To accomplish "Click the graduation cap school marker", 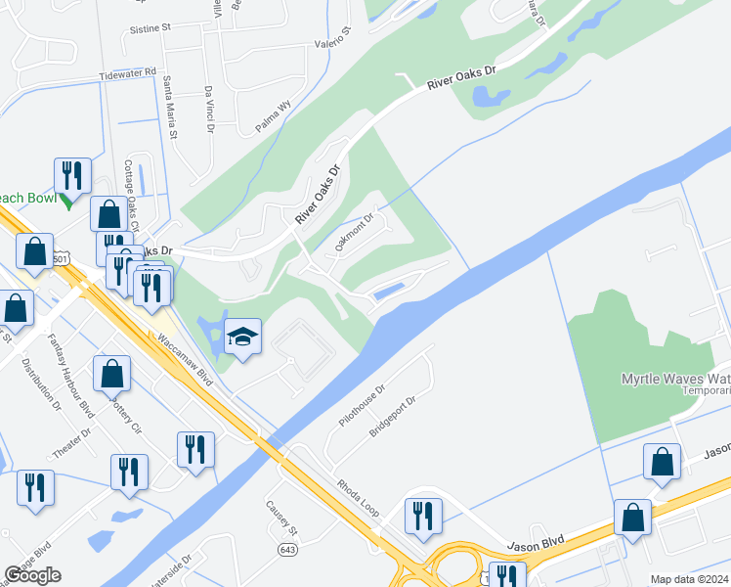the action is point(242,337).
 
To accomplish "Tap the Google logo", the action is point(32,575).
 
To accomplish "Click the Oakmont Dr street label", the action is point(355,234).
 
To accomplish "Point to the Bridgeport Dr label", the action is point(393,416).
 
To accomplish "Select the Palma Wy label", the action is point(274,118).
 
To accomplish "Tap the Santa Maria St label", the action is point(169,107).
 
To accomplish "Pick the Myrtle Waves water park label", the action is point(675,379).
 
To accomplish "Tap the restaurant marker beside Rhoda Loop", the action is point(423,515).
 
